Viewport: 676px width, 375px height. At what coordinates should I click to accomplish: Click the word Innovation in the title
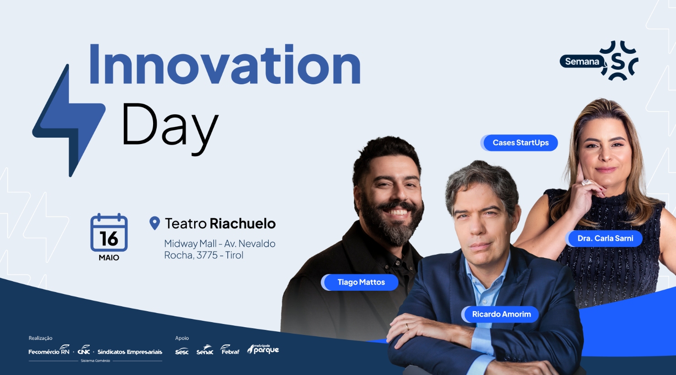tap(225, 64)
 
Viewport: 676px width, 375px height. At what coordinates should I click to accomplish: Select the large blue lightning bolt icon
tap(69, 120)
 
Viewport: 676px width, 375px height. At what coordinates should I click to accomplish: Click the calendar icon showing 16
tap(109, 232)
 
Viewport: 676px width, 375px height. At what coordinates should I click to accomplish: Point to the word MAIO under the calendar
tap(109, 257)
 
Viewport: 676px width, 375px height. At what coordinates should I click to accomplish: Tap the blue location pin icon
tap(154, 223)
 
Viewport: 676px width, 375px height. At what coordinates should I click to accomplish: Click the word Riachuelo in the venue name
tap(243, 223)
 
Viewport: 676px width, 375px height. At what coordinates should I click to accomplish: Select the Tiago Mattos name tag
tap(360, 283)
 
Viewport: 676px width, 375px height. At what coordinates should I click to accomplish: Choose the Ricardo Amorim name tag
tap(500, 314)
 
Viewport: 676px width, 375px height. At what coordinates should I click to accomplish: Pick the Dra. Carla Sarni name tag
tap(604, 238)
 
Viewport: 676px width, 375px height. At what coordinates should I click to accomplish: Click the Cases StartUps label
tap(519, 143)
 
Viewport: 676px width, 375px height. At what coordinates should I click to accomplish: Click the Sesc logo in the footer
tap(182, 351)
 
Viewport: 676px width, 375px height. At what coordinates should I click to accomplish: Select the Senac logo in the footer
tap(205, 350)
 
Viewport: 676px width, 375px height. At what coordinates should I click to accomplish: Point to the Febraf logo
tap(230, 349)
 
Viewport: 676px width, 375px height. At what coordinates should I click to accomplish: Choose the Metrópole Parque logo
tap(263, 349)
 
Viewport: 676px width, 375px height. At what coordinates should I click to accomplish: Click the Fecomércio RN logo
tap(49, 349)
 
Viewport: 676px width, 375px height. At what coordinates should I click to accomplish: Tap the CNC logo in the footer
tap(84, 349)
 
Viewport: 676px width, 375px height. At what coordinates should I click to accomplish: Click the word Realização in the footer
tap(41, 338)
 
